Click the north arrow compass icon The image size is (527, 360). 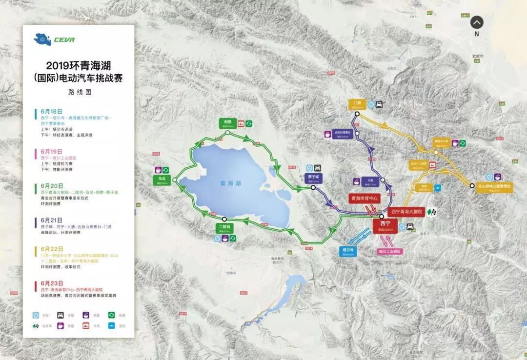[477, 22]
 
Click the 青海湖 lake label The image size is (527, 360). [230, 183]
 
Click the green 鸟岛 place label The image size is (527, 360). [162, 179]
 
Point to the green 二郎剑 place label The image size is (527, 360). [225, 228]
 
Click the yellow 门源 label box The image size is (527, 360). [357, 104]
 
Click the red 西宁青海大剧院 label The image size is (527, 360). [407, 212]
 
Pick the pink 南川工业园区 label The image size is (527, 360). [389, 251]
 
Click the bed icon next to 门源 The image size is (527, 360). [379, 104]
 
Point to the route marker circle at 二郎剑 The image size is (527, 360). [224, 219]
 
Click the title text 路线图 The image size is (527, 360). [80, 92]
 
